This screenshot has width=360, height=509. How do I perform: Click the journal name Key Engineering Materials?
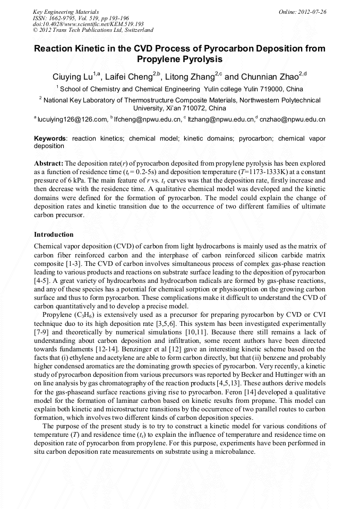66,11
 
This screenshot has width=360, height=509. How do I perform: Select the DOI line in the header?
88,24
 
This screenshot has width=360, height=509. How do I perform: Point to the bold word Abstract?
49,163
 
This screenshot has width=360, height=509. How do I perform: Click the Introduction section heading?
54,234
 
